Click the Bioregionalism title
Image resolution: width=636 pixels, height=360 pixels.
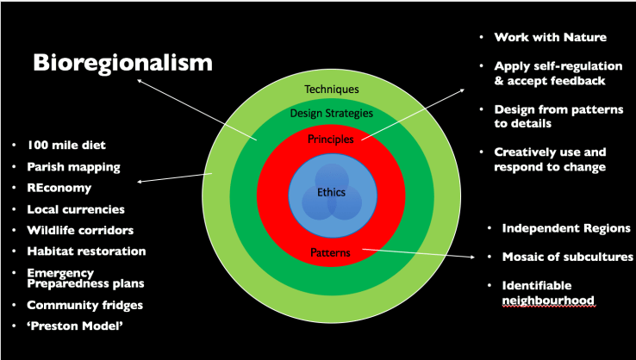122,65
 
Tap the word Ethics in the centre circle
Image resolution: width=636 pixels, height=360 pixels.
332,194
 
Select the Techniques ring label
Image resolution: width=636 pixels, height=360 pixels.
332,89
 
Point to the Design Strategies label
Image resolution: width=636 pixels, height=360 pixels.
332,114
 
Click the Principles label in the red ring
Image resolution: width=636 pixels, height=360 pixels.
332,138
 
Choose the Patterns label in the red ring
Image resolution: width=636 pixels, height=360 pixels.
332,251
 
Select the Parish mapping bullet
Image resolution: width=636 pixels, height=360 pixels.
73,166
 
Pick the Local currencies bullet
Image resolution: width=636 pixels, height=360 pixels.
76,208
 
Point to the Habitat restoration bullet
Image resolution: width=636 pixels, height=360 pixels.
86,251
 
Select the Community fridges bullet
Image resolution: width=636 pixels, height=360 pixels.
84,305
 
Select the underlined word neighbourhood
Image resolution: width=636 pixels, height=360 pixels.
548,301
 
